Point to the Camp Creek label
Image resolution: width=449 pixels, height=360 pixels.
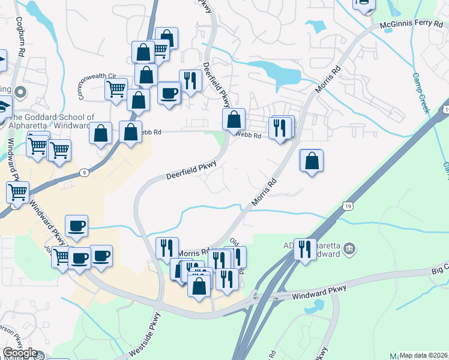421,93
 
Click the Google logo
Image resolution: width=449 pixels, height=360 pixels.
19,353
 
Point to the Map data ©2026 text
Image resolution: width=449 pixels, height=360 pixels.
424,355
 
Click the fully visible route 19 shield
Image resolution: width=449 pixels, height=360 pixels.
348,206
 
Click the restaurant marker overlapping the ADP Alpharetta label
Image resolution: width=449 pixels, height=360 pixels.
306,248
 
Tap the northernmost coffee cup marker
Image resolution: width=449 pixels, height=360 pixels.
169,93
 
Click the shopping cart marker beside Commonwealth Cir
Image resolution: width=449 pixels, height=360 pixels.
115,89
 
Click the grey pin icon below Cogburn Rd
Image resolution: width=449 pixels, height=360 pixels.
20,92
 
